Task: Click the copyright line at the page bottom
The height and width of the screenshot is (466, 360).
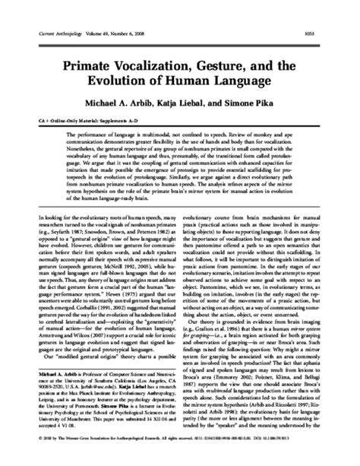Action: pos(179,458)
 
